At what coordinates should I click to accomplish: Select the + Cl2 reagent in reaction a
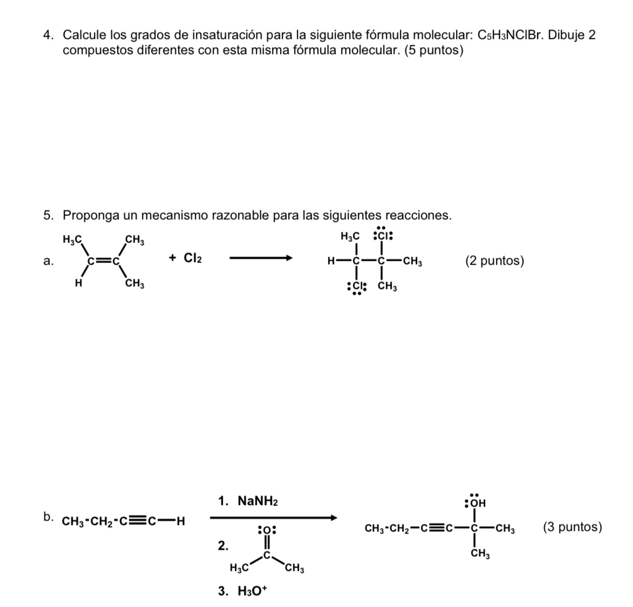click(x=185, y=258)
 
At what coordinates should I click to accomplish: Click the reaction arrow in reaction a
click(x=261, y=258)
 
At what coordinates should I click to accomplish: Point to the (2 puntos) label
click(x=494, y=261)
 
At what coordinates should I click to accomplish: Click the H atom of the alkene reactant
click(x=78, y=284)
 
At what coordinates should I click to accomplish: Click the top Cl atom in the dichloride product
click(x=383, y=235)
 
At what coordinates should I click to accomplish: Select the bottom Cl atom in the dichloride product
click(x=357, y=287)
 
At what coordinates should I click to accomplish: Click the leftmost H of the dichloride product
click(x=331, y=261)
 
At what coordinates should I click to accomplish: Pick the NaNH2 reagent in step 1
click(x=258, y=502)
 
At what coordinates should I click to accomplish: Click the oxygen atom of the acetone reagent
click(x=266, y=529)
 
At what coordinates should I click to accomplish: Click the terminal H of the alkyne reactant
click(x=181, y=521)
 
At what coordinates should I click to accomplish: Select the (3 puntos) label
click(x=573, y=528)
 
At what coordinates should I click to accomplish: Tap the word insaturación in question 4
click(x=227, y=35)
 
